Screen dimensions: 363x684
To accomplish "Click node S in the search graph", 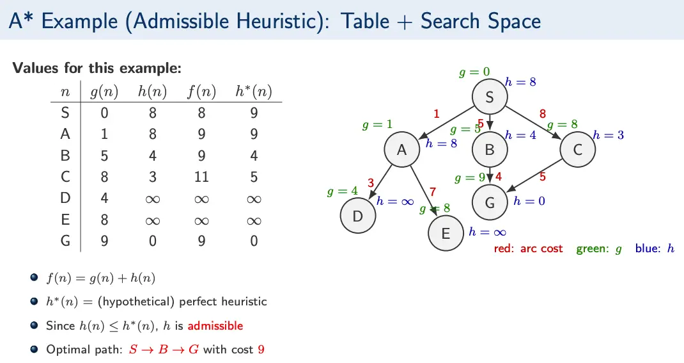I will [490, 97].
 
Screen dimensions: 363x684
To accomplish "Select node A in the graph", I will [402, 150].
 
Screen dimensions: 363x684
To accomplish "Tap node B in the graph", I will [490, 150].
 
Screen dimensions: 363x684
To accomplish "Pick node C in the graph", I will [577, 150].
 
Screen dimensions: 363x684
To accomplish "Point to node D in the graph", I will [358, 216].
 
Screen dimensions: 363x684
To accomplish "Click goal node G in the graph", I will [490, 203].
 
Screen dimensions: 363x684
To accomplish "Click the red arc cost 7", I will [433, 191].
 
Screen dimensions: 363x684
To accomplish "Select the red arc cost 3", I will [371, 182].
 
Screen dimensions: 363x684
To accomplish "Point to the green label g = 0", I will [474, 72].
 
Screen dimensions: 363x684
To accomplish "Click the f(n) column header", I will [201, 92].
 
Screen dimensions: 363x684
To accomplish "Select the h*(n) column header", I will [253, 92].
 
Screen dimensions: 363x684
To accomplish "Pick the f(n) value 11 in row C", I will [201, 177].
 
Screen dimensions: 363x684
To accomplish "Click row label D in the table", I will [65, 198].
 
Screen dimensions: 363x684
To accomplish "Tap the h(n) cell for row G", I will [152, 241].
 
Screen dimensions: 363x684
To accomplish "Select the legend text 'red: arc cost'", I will [529, 248].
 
